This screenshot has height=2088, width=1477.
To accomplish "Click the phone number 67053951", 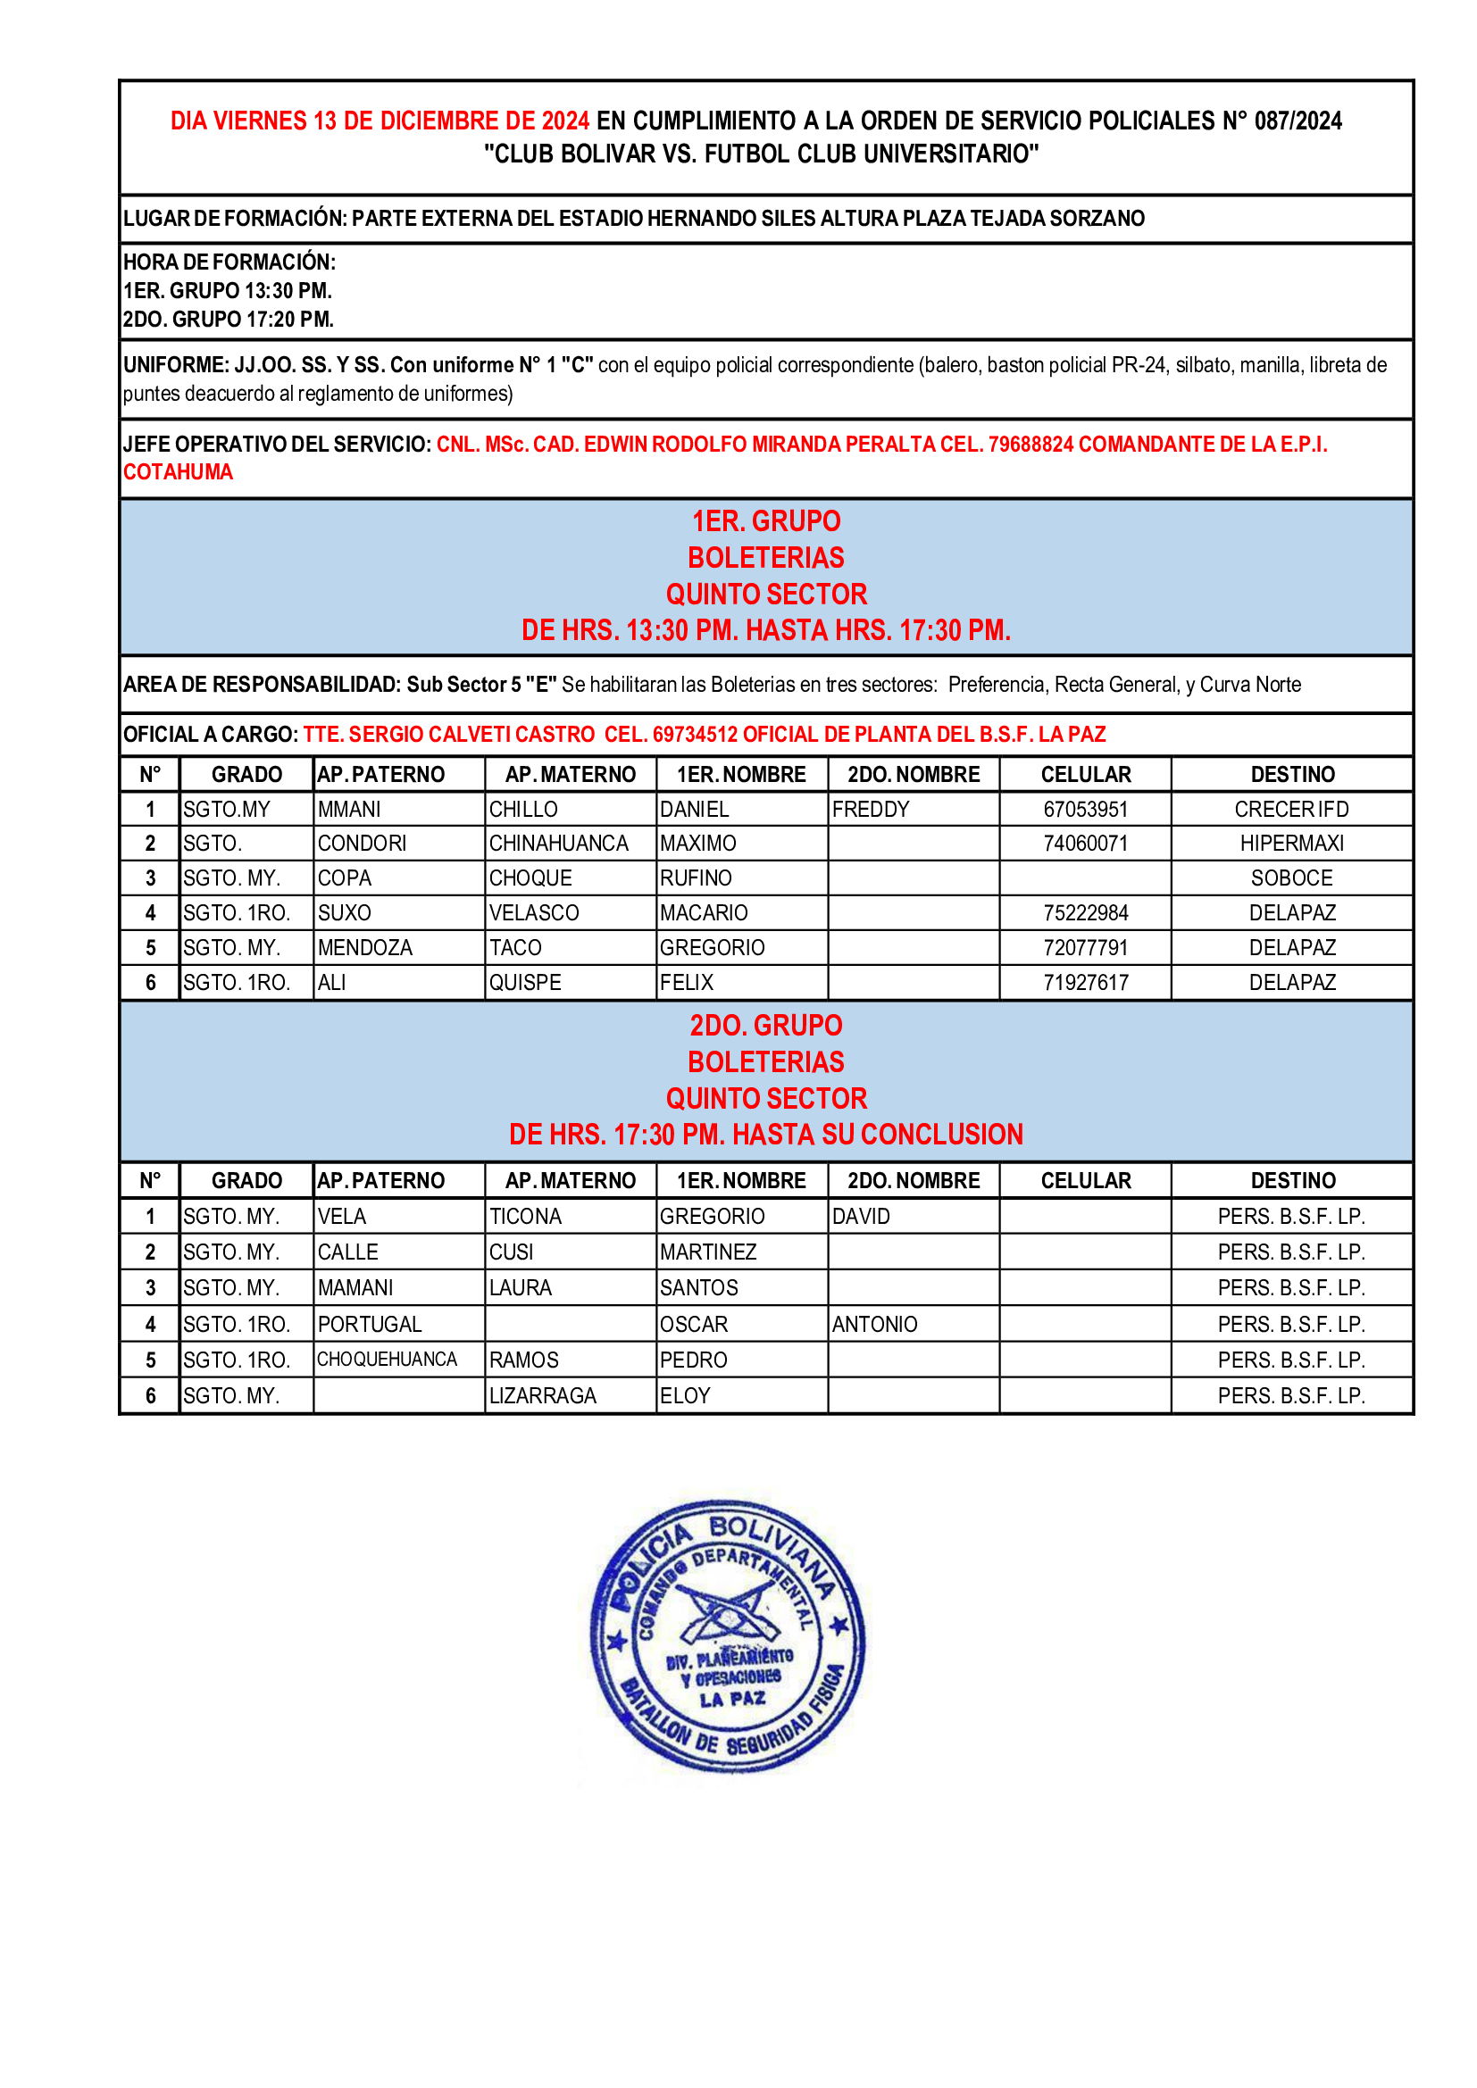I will point(1085,809).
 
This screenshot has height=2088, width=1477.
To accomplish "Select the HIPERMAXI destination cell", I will point(1291,843).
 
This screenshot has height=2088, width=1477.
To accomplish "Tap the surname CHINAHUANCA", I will point(558,843).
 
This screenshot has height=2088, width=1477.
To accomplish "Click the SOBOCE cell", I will point(1291,878).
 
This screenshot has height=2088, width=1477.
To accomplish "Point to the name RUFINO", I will point(696,878).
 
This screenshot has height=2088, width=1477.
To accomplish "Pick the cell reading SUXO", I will point(345,912).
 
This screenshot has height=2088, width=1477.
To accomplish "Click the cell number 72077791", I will point(1085,948).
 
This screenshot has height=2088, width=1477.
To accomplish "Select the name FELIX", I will point(687,982).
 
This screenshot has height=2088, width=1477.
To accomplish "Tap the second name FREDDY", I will point(871,809).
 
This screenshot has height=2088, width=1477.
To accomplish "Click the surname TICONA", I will point(526,1216).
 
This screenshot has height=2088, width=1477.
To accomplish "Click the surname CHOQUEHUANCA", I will point(388,1359).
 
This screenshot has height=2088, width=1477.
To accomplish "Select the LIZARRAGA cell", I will point(543,1395).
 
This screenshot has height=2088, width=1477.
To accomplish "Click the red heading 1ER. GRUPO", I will point(766,521).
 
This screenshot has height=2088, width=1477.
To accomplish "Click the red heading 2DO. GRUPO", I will point(766,1025).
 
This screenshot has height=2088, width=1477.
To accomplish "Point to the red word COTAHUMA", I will point(179,472).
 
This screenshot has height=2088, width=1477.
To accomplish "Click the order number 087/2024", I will point(1298,121).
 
